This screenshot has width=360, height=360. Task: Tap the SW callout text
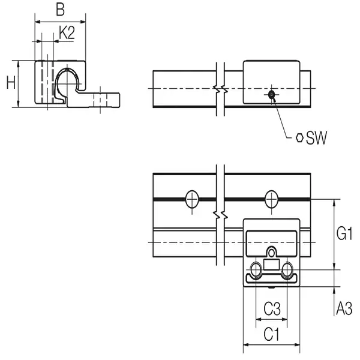(316, 139)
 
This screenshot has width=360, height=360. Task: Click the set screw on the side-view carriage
(272, 94)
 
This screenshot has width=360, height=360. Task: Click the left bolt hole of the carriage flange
(256, 269)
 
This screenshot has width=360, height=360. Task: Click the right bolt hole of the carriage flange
(288, 269)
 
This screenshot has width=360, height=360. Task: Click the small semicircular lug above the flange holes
(272, 252)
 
